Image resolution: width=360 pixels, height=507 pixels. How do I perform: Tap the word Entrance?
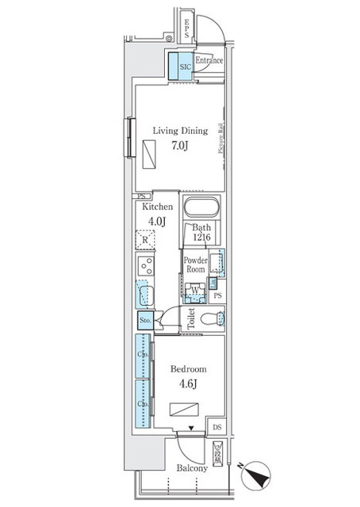pyautogui.click(x=209, y=61)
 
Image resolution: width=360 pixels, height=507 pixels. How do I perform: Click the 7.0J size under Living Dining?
pyautogui.click(x=179, y=146)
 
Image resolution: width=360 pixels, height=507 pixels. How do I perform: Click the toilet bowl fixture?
pyautogui.click(x=211, y=320)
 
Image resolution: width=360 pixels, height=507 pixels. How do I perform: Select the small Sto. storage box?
pyautogui.click(x=144, y=320)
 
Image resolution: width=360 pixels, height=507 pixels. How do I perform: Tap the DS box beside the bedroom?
pyautogui.click(x=217, y=428)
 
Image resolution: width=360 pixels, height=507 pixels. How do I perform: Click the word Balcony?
pyautogui.click(x=191, y=468)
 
